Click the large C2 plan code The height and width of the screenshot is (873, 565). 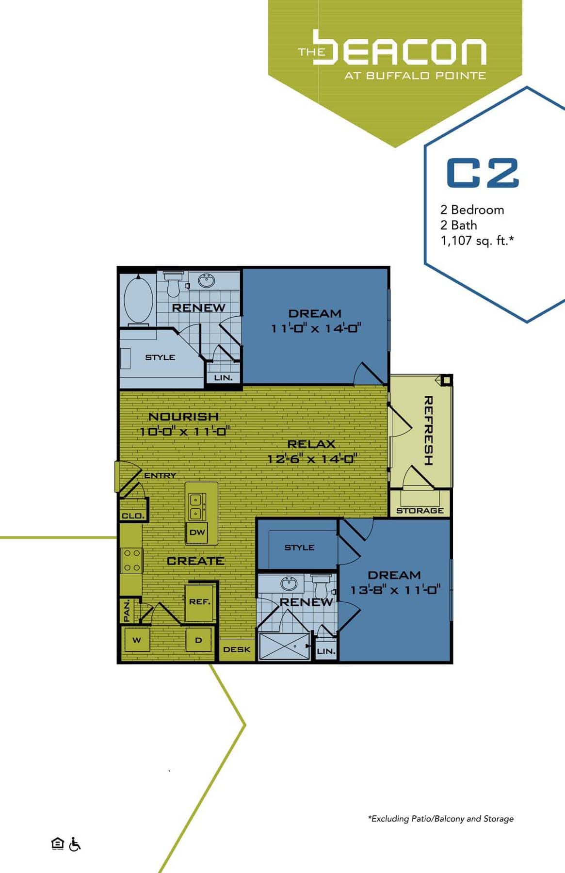click(483, 173)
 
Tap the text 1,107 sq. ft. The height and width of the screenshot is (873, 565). click(477, 241)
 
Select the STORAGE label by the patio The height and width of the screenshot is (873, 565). click(420, 510)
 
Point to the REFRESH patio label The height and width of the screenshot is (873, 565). click(428, 430)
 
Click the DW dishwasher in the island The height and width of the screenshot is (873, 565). click(197, 532)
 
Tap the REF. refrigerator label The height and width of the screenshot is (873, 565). click(199, 602)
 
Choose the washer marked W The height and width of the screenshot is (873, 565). click(137, 640)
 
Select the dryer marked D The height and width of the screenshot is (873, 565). click(198, 640)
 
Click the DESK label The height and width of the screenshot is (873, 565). click(237, 649)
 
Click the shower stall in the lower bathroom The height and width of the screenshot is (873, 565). click(284, 646)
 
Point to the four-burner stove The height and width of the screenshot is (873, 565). click(131, 560)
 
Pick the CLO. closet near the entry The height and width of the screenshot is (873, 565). click(132, 516)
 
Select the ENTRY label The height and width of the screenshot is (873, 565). click(160, 476)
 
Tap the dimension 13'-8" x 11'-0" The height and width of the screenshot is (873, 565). click(395, 590)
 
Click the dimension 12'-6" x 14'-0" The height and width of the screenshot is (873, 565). click(312, 459)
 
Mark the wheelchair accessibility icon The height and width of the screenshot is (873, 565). click(75, 844)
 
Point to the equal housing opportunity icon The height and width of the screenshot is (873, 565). click(57, 844)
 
